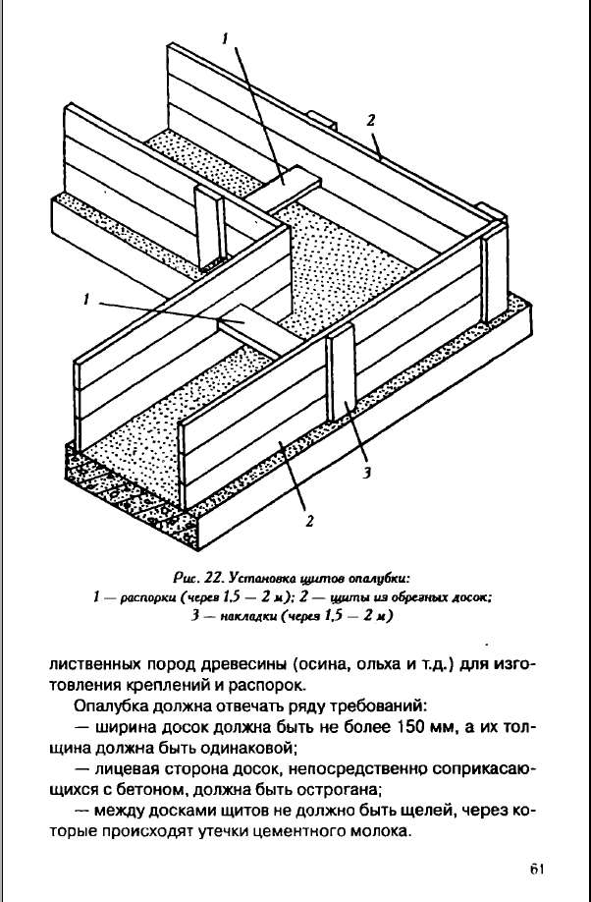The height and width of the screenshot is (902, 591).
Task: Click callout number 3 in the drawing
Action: pos(365,472)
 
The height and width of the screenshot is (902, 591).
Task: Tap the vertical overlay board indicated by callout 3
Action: pos(343,378)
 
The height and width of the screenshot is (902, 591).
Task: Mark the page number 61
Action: pos(535,870)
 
